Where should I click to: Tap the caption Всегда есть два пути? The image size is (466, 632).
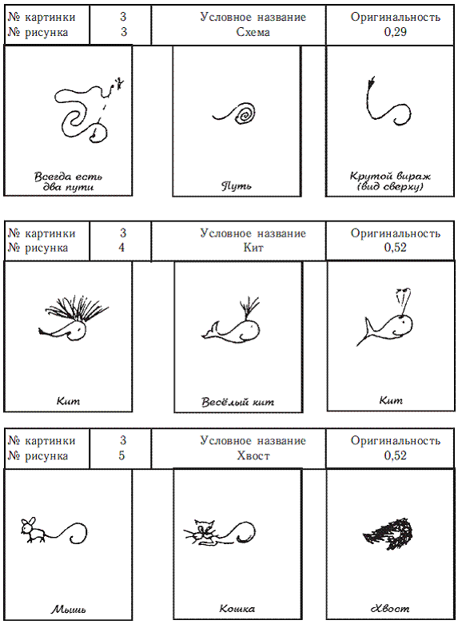coord(68,181)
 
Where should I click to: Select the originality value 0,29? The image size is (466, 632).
coord(395,32)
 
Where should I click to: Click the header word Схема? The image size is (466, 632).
coord(253,32)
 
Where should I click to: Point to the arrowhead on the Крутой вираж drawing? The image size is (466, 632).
coord(371,81)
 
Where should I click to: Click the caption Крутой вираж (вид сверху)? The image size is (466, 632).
coord(390,181)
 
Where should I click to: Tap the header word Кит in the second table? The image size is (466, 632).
coord(253,248)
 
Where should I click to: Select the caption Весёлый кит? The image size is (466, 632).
coord(237,402)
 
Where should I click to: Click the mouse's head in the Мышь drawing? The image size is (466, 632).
coord(28,525)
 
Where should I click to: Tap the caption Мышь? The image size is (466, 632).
coord(68,609)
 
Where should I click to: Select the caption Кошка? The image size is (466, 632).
coord(237,608)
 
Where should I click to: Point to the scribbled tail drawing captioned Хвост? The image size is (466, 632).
coord(388,534)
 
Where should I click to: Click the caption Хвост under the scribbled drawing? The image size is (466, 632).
coord(390,608)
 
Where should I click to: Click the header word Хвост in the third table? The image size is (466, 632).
coord(253,456)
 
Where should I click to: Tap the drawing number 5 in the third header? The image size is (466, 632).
coord(121,456)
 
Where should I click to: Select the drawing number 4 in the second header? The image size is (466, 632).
coord(121,248)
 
